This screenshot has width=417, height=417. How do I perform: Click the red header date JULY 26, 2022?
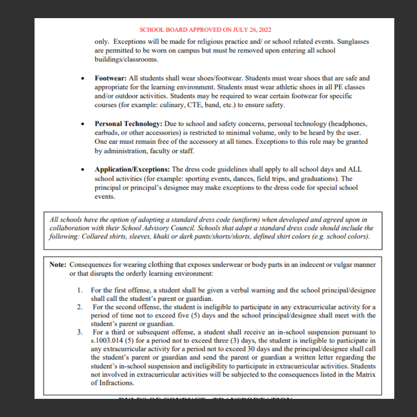[251, 30]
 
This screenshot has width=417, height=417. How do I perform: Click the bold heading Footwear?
[111, 78]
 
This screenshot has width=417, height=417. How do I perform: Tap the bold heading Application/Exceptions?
[132, 170]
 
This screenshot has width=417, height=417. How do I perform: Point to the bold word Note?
[58, 265]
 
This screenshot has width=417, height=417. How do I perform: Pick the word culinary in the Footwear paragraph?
[165, 105]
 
